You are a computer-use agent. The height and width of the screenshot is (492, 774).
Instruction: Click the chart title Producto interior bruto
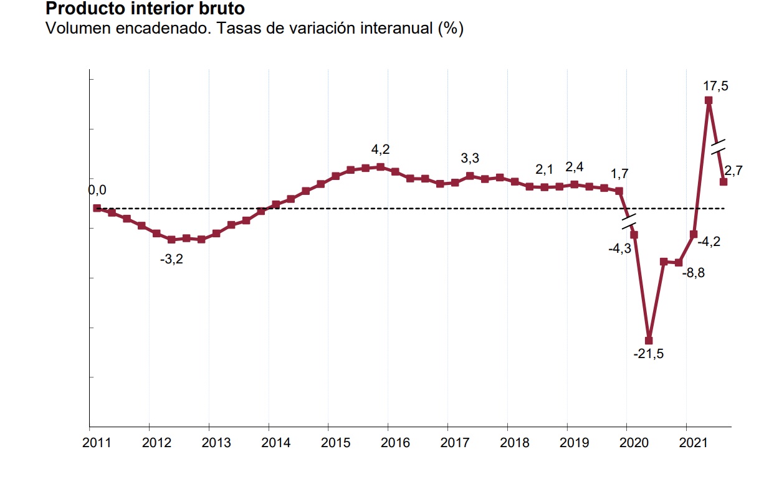pyautogui.click(x=145, y=9)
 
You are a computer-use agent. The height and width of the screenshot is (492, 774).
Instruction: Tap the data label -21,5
pyautogui.click(x=649, y=354)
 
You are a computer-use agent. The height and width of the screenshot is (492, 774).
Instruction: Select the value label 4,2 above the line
pyautogui.click(x=380, y=149)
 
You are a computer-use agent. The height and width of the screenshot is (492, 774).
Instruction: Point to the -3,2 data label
pyautogui.click(x=171, y=259)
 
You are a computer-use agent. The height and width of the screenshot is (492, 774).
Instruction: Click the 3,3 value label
pyautogui.click(x=470, y=158)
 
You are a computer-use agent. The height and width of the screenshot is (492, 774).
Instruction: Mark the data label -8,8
pyautogui.click(x=693, y=273)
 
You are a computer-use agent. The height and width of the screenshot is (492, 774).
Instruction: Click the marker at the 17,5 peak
pyautogui.click(x=709, y=100)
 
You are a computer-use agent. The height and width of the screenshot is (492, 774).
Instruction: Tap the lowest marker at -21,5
pyautogui.click(x=649, y=341)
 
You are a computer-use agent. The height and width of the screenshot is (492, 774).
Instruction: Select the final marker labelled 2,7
pyautogui.click(x=724, y=182)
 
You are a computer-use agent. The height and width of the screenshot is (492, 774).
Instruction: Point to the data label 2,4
pyautogui.click(x=575, y=167)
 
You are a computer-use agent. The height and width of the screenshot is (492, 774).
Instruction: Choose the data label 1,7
pyautogui.click(x=619, y=174)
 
